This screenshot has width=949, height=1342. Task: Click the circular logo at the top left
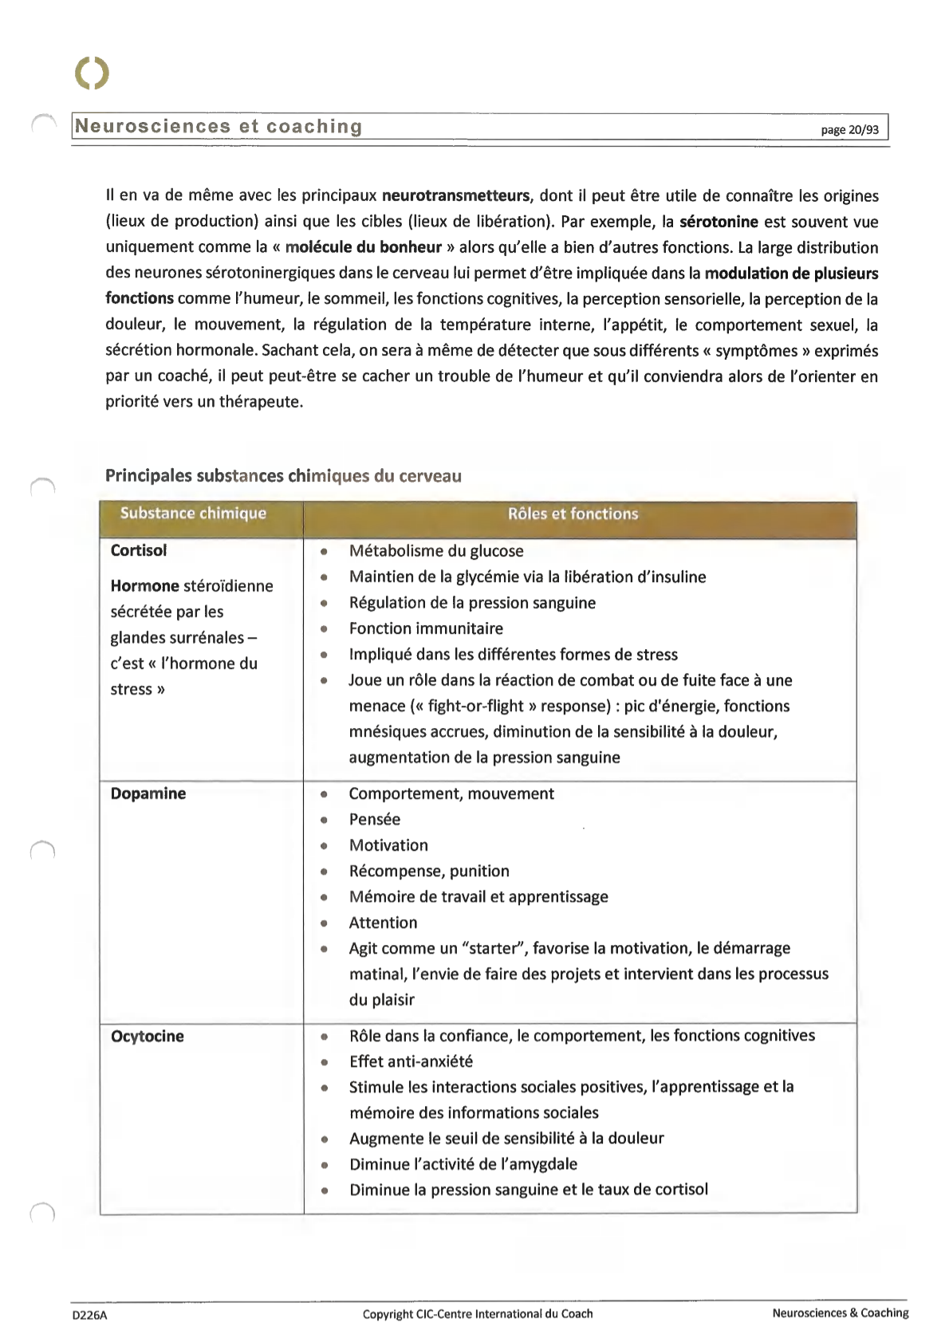tap(92, 73)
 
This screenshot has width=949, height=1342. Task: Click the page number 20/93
tap(850, 129)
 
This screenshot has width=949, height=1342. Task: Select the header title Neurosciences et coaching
tap(219, 127)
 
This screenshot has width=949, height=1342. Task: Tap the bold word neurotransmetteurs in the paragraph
tap(455, 196)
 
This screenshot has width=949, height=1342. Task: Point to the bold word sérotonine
tap(719, 222)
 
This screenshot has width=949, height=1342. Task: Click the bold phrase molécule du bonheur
tap(363, 247)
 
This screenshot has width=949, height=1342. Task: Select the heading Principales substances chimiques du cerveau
tap(283, 476)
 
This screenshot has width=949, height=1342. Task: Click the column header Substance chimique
tap(193, 514)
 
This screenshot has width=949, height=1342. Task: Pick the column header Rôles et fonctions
tap(573, 514)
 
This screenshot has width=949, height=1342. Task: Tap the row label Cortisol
tap(139, 550)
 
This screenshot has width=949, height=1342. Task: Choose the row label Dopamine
tap(148, 793)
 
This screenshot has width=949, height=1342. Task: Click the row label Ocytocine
tap(148, 1036)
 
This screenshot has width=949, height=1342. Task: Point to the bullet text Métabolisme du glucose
tap(436, 551)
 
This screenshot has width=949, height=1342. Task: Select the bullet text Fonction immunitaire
tap(426, 628)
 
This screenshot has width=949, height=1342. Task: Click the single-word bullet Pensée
tap(375, 819)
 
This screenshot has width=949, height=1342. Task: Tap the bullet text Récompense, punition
tap(429, 871)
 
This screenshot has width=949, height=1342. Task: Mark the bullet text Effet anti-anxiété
tap(411, 1061)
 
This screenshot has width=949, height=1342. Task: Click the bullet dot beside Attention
tap(325, 923)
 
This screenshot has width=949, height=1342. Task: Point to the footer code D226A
tap(89, 1316)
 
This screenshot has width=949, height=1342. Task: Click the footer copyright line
tap(478, 1314)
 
